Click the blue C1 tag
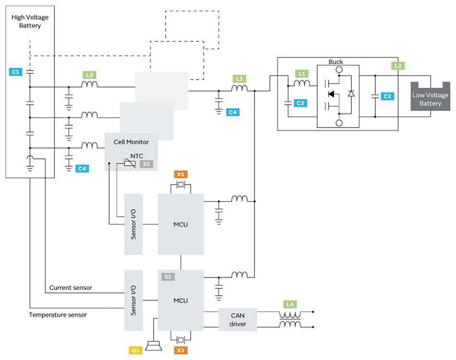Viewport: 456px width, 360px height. (x=15, y=72)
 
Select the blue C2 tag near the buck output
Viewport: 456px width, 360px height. (x=387, y=96)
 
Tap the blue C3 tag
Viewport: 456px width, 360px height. (x=300, y=103)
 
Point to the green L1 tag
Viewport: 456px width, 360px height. (x=302, y=73)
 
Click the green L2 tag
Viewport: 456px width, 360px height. (x=398, y=66)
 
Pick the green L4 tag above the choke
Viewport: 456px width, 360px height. (x=290, y=304)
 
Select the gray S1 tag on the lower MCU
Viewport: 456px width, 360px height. (x=168, y=276)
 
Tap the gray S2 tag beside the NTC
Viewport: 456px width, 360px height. (x=146, y=164)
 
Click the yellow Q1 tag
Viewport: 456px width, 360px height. (x=135, y=350)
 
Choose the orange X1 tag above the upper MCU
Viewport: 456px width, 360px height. (x=180, y=174)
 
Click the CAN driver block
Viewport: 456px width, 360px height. (x=238, y=320)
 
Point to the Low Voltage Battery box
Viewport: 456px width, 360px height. (x=430, y=96)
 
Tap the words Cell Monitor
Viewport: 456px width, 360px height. (x=131, y=142)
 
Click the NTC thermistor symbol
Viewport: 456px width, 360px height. (x=130, y=163)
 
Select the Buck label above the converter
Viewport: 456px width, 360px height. (x=336, y=61)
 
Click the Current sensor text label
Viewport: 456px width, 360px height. (x=71, y=288)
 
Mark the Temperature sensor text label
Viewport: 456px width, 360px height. (x=58, y=314)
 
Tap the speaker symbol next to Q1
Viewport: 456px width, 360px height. (x=153, y=346)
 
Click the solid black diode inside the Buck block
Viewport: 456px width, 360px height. (x=331, y=94)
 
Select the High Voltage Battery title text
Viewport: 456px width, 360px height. (x=30, y=21)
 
